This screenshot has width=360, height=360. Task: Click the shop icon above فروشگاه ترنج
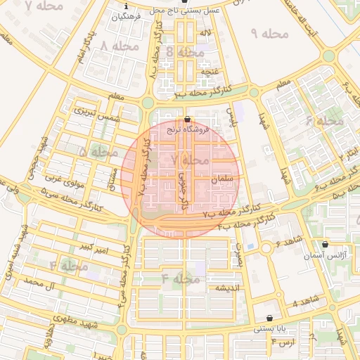[186, 119]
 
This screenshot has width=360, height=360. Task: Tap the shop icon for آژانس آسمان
[324, 245]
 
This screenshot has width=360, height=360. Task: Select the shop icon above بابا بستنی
[270, 318]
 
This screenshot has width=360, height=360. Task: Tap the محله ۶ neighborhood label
[326, 121]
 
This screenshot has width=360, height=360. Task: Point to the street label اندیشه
[229, 288]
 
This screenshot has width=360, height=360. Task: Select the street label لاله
[205, 33]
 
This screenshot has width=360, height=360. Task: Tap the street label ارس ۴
[283, 342]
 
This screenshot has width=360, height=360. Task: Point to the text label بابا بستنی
[270, 328]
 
